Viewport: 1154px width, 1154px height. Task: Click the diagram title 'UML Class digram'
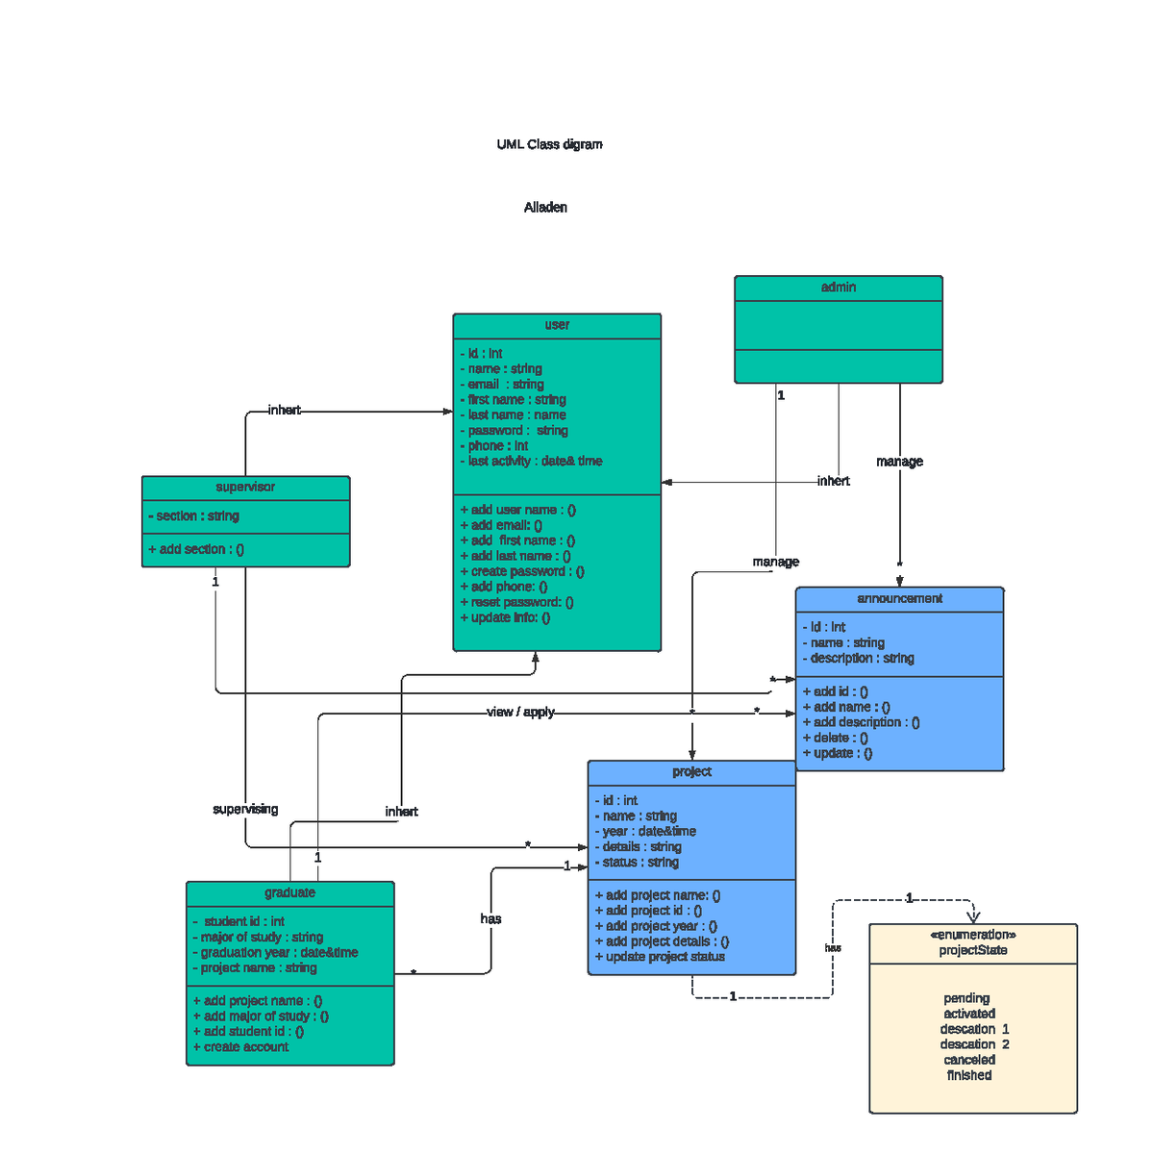[549, 144]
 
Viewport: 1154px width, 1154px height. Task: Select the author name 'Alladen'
[545, 208]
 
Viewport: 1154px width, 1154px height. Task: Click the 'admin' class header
[839, 288]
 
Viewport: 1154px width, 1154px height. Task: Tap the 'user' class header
[557, 325]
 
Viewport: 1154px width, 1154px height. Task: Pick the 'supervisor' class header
[245, 488]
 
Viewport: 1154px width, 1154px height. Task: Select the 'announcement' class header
[899, 598]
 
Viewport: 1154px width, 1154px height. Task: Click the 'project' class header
[691, 772]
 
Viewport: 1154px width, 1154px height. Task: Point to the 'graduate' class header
[289, 893]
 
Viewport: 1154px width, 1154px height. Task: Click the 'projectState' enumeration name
[973, 950]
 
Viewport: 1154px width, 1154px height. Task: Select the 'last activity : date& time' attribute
[532, 462]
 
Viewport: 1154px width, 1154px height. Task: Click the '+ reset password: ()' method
[516, 602]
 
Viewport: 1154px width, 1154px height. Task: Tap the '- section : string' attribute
[194, 516]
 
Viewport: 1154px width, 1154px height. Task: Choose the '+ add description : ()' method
[861, 722]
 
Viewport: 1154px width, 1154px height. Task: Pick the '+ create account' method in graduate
[240, 1047]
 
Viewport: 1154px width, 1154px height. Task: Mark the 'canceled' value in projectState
[969, 1060]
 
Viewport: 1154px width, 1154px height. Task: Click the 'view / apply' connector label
[520, 713]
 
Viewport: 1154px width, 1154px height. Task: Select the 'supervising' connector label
[245, 810]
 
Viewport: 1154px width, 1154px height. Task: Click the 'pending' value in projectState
[966, 998]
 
